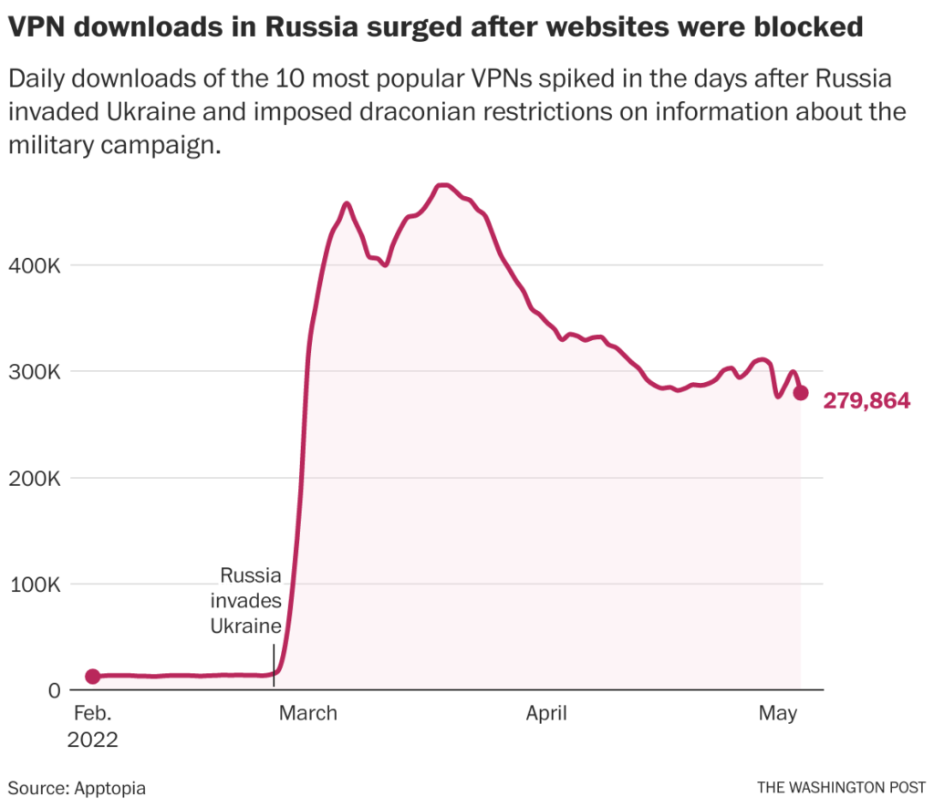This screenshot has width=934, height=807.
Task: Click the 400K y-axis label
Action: pos(36,266)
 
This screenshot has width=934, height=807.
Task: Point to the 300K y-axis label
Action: pos(36,372)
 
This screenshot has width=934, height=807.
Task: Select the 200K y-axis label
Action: pos(36,479)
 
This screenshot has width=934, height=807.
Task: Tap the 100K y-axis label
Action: pos(36,585)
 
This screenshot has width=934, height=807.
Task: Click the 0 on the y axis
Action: pos(53,690)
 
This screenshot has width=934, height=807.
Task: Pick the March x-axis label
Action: pos(307,713)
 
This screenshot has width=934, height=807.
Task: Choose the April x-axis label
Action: pos(546,713)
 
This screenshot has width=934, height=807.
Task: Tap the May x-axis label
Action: pos(778,713)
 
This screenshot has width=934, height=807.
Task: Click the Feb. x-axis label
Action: pos(91,713)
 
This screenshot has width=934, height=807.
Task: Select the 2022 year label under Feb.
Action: pos(92,739)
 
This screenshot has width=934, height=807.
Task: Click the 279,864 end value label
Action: pos(867,400)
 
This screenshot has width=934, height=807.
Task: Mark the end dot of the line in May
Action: pos(801,393)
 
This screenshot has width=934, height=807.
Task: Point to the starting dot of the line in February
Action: pos(92,676)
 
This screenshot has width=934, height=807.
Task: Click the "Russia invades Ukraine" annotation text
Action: pos(246,600)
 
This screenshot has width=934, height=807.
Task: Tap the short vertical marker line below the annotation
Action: pos(274,658)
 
